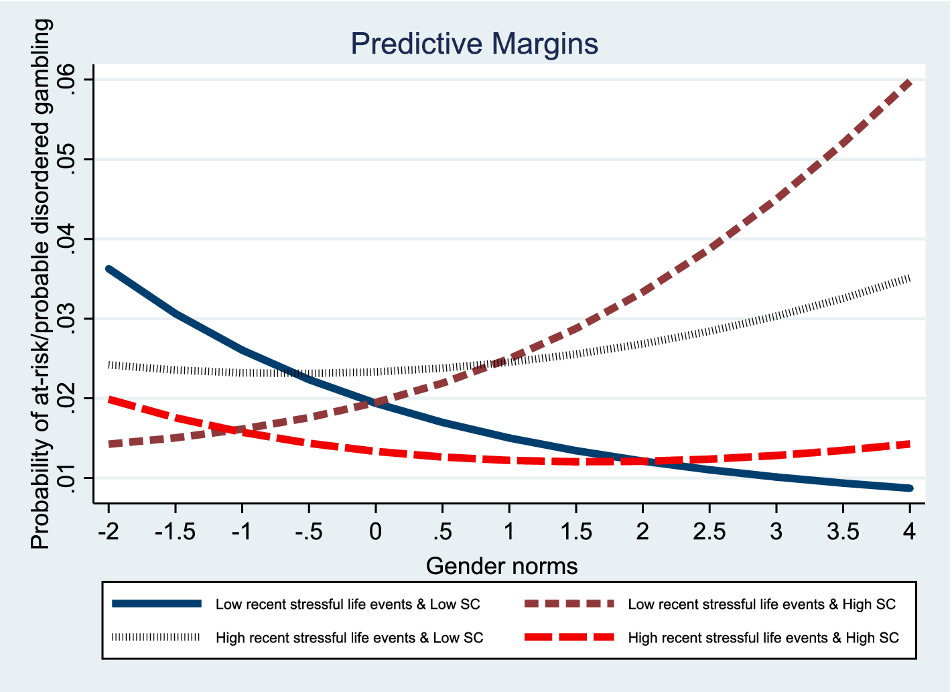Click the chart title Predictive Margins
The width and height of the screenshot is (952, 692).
pyautogui.click(x=474, y=44)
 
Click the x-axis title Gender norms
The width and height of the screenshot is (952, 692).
pyautogui.click(x=501, y=566)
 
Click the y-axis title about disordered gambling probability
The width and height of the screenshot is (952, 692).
pyautogui.click(x=41, y=283)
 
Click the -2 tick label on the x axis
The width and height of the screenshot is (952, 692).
pyautogui.click(x=108, y=532)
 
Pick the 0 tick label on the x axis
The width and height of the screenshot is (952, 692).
pyautogui.click(x=375, y=532)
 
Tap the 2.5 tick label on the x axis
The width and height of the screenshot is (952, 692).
pyautogui.click(x=709, y=532)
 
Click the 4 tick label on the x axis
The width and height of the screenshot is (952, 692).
pyautogui.click(x=909, y=532)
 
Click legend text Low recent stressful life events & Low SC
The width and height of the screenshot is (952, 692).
pyautogui.click(x=348, y=604)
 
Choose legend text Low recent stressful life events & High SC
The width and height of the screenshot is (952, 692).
pyautogui.click(x=762, y=604)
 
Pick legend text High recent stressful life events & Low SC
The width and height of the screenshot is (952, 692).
pyautogui.click(x=349, y=638)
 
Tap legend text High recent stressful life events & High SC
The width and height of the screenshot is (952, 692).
pyautogui.click(x=763, y=638)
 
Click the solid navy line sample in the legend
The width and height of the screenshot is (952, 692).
pyautogui.click(x=156, y=604)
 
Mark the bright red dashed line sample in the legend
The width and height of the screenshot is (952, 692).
pyautogui.click(x=569, y=637)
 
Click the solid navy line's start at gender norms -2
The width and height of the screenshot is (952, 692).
pyautogui.click(x=109, y=269)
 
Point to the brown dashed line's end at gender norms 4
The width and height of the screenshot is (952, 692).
pyautogui.click(x=909, y=82)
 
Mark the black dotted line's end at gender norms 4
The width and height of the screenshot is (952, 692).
pyautogui.click(x=908, y=278)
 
